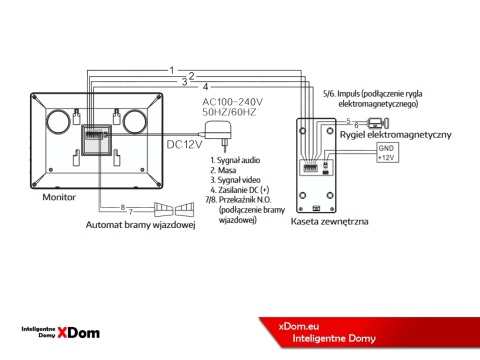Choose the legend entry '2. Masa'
click(225, 171)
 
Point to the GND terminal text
click(385, 149)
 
